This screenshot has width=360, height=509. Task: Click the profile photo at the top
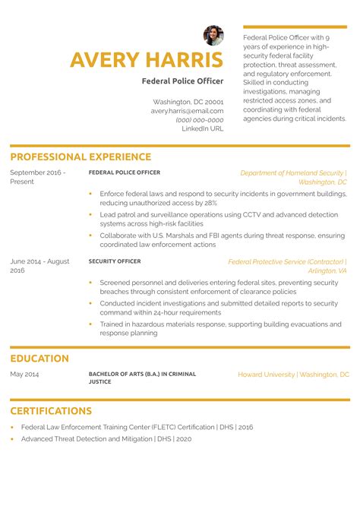click(x=213, y=35)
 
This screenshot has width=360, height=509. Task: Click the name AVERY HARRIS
click(x=147, y=60)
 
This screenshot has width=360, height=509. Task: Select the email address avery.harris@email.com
click(x=187, y=111)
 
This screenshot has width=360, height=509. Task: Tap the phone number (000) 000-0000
click(x=199, y=120)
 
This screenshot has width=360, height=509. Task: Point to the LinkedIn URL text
click(x=203, y=129)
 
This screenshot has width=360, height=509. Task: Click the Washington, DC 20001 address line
click(x=188, y=102)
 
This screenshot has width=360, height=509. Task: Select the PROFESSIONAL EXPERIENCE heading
click(x=81, y=157)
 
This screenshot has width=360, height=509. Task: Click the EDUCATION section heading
click(x=39, y=359)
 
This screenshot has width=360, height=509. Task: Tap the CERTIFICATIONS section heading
click(x=51, y=411)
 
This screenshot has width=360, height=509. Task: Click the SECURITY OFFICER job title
click(x=115, y=261)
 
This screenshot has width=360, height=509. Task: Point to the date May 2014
click(x=24, y=375)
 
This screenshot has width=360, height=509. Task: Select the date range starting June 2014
click(x=39, y=266)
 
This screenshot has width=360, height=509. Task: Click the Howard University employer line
click(x=293, y=375)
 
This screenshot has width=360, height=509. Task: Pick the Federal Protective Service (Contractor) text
click(x=287, y=261)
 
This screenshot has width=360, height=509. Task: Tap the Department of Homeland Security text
click(x=292, y=173)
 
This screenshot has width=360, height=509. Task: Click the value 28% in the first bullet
click(x=210, y=204)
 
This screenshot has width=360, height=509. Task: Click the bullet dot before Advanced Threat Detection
click(x=13, y=439)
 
